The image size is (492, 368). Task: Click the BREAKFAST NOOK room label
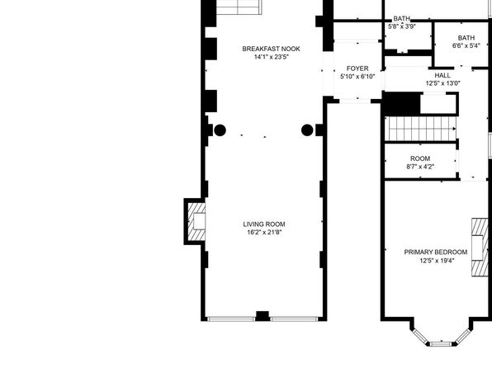[x=271, y=49]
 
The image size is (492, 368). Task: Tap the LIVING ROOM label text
[x=264, y=224]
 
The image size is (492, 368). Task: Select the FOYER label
[x=357, y=68]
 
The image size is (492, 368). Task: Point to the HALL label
[x=442, y=75]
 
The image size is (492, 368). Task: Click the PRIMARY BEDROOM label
[x=436, y=252]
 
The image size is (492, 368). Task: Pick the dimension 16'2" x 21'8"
[x=264, y=232]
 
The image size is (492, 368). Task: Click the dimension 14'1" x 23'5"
[x=271, y=57]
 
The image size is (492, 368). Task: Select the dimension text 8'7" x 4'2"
[x=420, y=167]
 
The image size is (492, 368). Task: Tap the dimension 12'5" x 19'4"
[x=437, y=261]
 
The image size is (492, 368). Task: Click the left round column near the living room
[x=220, y=130]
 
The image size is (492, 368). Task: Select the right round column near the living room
[x=307, y=130]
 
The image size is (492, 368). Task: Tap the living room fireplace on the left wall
[x=195, y=221]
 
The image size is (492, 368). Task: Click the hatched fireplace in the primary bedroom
[x=480, y=248]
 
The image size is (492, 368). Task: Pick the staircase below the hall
[x=421, y=129]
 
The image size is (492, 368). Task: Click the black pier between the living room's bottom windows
[x=263, y=316]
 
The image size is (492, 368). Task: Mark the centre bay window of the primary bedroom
[x=441, y=344]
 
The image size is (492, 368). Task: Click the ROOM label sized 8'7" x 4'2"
[x=420, y=158]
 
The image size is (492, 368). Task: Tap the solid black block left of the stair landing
[x=402, y=103]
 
